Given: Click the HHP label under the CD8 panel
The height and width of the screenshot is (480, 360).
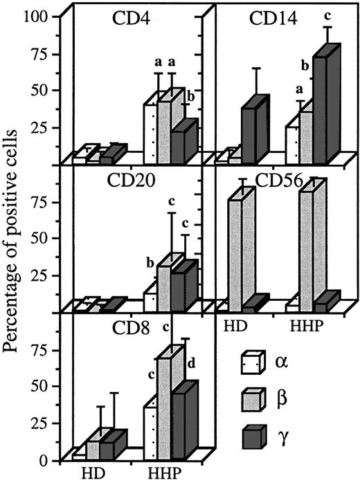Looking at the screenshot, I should pyautogui.click(x=166, y=472).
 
